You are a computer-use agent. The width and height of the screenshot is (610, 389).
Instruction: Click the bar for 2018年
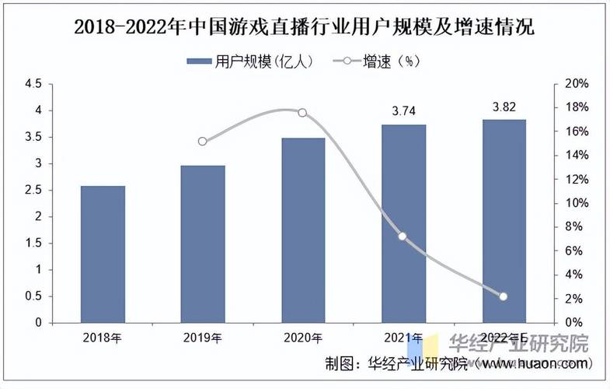(x=103, y=254)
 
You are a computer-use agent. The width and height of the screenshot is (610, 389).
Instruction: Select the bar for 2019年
(x=203, y=244)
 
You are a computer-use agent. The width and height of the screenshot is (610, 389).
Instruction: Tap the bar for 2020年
(x=303, y=230)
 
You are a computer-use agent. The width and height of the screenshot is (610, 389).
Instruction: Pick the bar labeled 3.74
(x=403, y=223)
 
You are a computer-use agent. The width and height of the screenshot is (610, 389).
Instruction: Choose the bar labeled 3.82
(x=504, y=221)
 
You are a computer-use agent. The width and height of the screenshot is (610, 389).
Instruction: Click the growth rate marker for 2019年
(x=203, y=142)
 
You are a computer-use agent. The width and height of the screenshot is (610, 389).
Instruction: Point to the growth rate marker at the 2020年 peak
(x=303, y=113)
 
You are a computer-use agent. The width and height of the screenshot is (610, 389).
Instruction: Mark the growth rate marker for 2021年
(x=403, y=237)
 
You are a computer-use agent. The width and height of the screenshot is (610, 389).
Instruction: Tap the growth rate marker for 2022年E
(x=503, y=296)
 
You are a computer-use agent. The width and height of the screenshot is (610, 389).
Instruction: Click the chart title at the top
(x=305, y=27)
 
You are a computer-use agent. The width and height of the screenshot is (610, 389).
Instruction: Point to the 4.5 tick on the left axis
(x=33, y=84)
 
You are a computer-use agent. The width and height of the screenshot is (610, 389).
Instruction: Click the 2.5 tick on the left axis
(x=33, y=190)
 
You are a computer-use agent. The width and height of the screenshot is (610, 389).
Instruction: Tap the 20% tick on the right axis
(x=577, y=84)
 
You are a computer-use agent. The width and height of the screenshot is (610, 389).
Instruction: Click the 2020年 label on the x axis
(x=303, y=338)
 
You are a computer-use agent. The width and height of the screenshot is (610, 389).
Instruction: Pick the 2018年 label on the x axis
(x=103, y=338)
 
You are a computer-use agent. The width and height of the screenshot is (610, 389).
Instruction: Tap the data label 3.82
(x=504, y=107)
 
